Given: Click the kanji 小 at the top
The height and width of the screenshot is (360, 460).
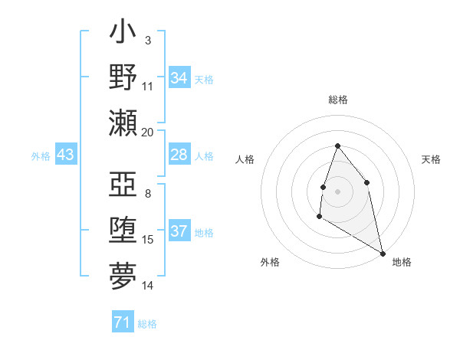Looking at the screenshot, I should point(123,34).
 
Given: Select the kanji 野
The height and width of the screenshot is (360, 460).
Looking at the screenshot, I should point(123,78).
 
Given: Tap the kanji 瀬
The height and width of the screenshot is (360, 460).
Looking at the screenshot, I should point(123,123).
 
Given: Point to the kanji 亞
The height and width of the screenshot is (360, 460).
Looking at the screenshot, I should point(123,185).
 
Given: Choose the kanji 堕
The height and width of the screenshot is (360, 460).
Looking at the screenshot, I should point(123,231).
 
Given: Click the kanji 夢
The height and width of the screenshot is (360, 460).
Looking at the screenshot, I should point(123,275).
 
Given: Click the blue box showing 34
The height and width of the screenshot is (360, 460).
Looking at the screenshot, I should point(179,78).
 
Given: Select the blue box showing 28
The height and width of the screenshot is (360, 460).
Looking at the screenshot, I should point(179,155).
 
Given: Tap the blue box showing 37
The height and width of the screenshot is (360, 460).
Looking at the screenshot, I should point(179,232).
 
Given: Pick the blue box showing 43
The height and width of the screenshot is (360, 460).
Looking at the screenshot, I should point(66,155).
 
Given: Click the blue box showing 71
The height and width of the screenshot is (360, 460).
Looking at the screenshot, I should point(122,322).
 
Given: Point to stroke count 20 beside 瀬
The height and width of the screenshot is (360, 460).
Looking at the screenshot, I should point(148,133).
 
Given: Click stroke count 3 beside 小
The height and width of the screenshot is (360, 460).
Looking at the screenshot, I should point(147,40).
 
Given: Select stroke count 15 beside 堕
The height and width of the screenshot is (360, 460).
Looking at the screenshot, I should point(148,240).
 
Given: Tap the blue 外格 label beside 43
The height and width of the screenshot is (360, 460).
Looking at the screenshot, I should point(41,156).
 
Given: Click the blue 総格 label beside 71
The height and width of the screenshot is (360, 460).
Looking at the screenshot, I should point(147,323).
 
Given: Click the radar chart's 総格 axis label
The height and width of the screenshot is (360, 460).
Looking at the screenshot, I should point(337,100).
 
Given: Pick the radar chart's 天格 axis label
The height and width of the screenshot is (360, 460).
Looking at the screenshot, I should point(431,159).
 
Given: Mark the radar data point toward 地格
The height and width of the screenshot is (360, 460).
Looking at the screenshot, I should point(383,254).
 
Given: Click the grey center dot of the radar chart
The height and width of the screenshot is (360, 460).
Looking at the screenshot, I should point(337,191).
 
